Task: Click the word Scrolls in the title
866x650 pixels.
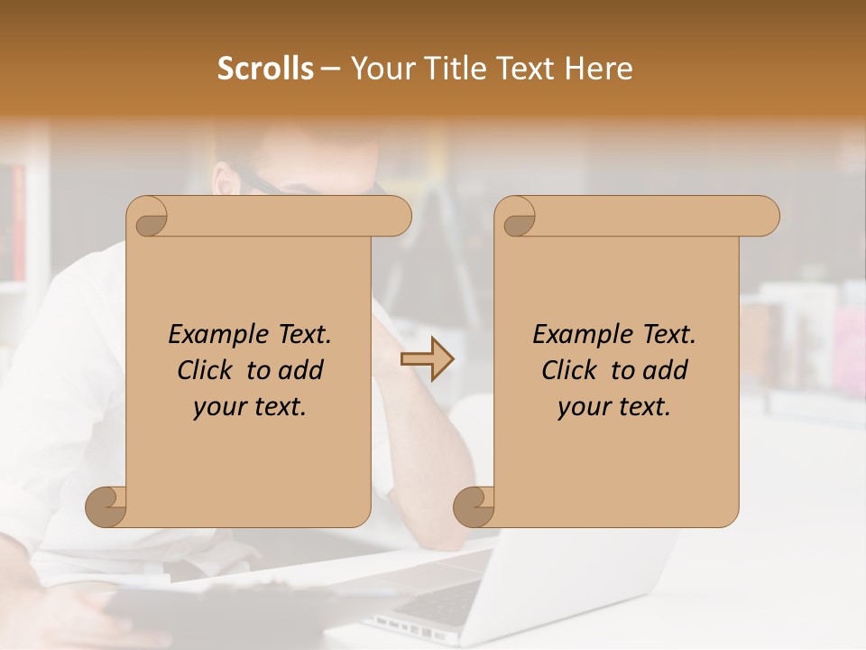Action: tap(265, 69)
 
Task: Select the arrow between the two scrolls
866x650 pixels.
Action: tap(427, 359)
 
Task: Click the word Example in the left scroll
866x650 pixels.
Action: tap(210, 335)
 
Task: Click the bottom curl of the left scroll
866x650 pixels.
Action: tap(106, 506)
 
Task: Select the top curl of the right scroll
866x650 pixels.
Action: tap(517, 218)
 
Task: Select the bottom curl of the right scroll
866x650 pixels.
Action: tap(474, 506)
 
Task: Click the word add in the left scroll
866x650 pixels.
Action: tap(300, 371)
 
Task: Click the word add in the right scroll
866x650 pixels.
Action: tap(665, 371)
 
